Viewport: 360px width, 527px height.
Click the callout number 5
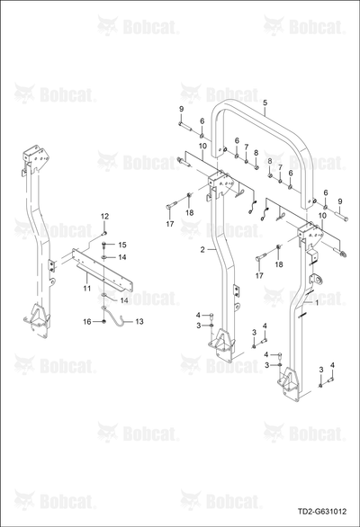click(x=265, y=103)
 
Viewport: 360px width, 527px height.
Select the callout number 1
click(x=316, y=302)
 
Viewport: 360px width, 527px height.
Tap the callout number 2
click(x=202, y=250)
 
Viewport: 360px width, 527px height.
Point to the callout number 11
click(x=87, y=289)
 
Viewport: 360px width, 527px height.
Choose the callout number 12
click(x=105, y=216)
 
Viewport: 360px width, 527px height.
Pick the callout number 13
click(x=139, y=322)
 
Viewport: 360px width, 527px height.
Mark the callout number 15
click(x=122, y=245)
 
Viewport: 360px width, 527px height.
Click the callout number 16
click(x=87, y=322)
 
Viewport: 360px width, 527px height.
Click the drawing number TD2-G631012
click(x=322, y=512)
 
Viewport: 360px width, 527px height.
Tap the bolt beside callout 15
click(x=104, y=245)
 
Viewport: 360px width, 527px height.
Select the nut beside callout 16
click(x=104, y=322)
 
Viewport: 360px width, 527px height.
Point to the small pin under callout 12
click(x=104, y=232)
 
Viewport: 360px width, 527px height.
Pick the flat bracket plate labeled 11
click(x=102, y=272)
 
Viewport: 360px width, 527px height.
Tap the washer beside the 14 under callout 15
click(x=104, y=258)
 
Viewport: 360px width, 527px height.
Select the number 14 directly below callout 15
click(x=122, y=257)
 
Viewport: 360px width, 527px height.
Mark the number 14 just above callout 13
click(x=124, y=300)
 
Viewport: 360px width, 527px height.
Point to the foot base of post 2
click(x=223, y=345)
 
